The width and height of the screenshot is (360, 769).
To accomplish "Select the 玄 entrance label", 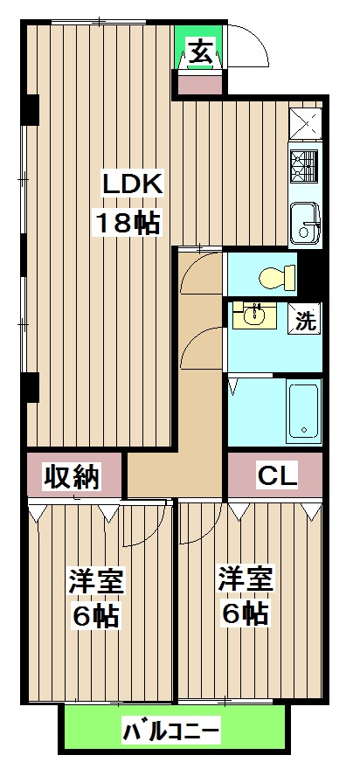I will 200,53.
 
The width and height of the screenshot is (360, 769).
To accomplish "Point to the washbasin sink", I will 256,315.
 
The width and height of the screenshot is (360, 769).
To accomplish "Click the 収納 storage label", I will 71,477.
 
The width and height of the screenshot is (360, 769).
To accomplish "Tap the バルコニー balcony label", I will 171,730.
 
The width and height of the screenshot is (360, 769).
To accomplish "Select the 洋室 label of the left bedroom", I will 96,581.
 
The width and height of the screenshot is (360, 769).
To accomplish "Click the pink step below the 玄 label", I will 200,85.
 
